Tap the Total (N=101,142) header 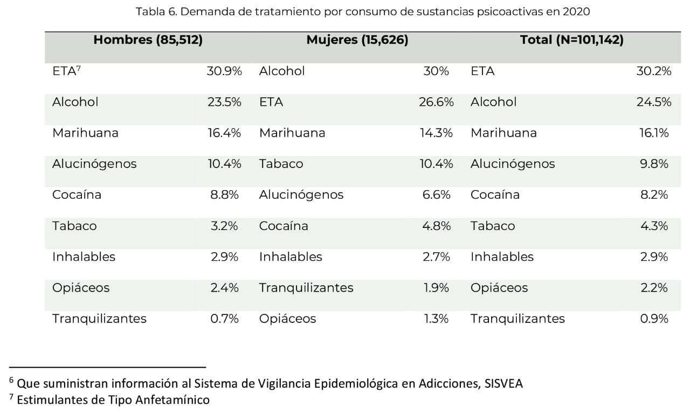[572, 40]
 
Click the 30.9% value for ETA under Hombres [224, 71]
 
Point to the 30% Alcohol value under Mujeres [436, 71]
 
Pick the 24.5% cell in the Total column [654, 102]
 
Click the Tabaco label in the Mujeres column [281, 164]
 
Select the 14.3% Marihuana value [436, 133]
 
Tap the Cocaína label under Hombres [77, 195]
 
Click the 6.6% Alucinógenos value [436, 195]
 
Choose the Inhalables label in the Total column [502, 257]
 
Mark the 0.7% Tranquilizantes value [225, 319]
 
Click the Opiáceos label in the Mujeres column [287, 319]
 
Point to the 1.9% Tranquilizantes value [436, 288]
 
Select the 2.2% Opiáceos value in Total [654, 288]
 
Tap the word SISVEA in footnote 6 [503, 383]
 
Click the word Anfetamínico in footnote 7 [172, 400]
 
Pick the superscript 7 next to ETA [79, 68]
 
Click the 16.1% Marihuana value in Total [654, 133]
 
